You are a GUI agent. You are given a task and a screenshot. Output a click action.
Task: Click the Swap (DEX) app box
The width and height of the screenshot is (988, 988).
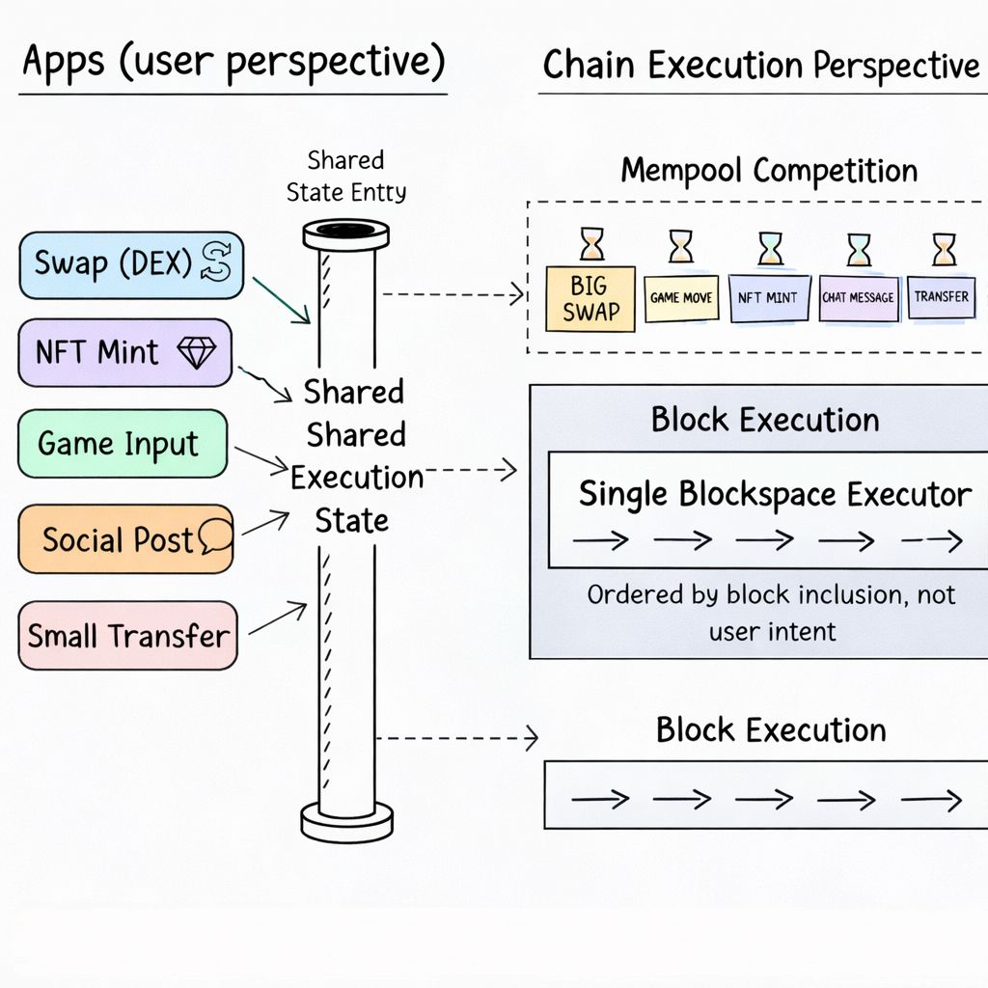click(130, 264)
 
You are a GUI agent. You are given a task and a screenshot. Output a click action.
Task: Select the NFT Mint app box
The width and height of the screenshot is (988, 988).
click(124, 352)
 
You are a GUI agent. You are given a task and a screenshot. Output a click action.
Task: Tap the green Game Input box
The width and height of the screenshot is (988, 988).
click(123, 444)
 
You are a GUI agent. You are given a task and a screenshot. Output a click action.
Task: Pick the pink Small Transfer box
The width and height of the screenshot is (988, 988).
click(127, 636)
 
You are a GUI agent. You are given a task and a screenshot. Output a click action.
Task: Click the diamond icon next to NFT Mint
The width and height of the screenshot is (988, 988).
click(198, 353)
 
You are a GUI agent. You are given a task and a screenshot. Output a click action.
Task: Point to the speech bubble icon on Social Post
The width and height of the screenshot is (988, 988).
click(215, 536)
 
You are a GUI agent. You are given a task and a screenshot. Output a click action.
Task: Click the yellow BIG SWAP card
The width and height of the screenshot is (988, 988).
click(590, 299)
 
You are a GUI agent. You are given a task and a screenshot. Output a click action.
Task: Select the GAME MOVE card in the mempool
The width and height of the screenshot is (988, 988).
click(681, 298)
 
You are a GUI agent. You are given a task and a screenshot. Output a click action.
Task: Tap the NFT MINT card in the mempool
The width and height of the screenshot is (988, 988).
click(768, 298)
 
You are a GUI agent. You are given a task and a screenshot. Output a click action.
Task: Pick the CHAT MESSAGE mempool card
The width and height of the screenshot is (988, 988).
click(858, 298)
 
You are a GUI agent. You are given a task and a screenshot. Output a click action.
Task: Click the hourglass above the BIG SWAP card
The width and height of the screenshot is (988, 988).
click(591, 245)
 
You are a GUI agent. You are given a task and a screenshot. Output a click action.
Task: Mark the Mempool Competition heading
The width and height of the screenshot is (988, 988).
click(768, 171)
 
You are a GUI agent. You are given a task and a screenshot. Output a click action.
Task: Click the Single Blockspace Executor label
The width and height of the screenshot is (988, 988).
click(775, 495)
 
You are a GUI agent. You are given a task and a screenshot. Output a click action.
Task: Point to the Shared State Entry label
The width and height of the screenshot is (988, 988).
click(345, 176)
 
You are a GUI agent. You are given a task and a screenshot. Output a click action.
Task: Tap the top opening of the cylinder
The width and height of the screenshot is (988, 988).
click(345, 232)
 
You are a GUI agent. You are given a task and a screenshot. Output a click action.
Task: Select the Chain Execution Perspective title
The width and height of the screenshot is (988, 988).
click(760, 66)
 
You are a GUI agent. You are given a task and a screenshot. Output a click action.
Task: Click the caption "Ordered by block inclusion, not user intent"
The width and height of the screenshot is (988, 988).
click(771, 613)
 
